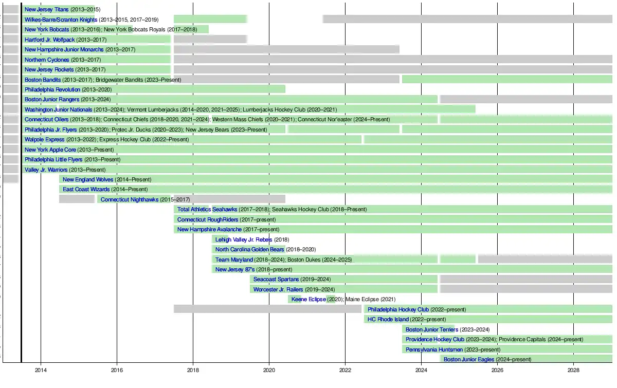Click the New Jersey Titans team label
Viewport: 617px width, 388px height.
[47, 10]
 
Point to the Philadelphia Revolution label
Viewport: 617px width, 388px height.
[52, 89]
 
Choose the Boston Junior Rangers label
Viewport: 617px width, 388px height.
[52, 100]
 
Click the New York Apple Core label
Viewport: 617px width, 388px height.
[50, 150]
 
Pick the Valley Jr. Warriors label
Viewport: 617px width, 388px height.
[46, 170]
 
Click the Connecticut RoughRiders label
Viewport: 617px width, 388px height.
[208, 219]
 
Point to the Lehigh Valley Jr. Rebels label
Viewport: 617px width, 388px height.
[244, 239]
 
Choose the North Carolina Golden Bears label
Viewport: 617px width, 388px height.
[249, 249]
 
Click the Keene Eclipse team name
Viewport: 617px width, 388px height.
[308, 299]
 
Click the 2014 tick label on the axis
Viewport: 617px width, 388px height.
[41, 370]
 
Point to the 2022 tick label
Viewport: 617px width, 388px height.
[345, 370]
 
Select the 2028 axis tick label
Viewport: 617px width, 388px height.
[574, 370]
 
